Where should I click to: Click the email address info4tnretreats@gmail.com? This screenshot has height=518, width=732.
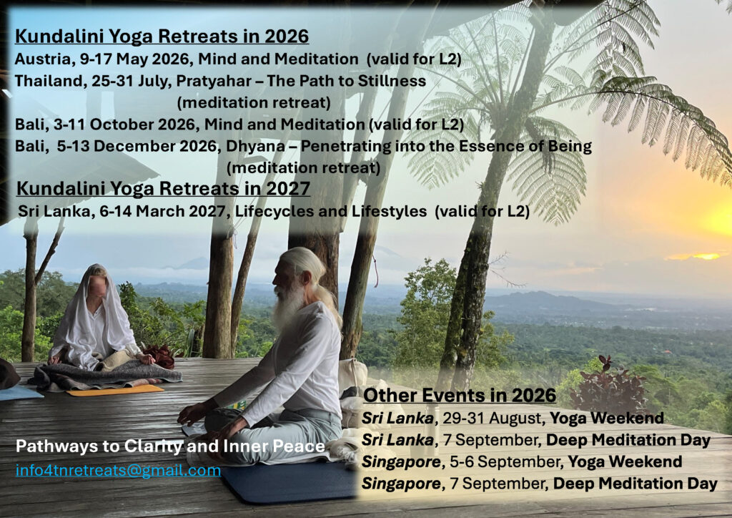(118, 470)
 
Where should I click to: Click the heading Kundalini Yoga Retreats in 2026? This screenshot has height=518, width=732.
(162, 36)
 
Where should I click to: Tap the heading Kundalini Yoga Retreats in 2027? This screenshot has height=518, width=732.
(164, 189)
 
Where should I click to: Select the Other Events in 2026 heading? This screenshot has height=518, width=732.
(460, 395)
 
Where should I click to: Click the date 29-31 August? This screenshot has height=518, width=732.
(492, 418)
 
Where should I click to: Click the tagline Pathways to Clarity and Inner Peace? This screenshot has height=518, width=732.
(170, 446)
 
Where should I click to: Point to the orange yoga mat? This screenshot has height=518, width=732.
(115, 390)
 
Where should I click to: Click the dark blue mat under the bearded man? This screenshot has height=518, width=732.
(290, 481)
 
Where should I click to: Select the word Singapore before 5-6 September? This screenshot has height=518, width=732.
(400, 462)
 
